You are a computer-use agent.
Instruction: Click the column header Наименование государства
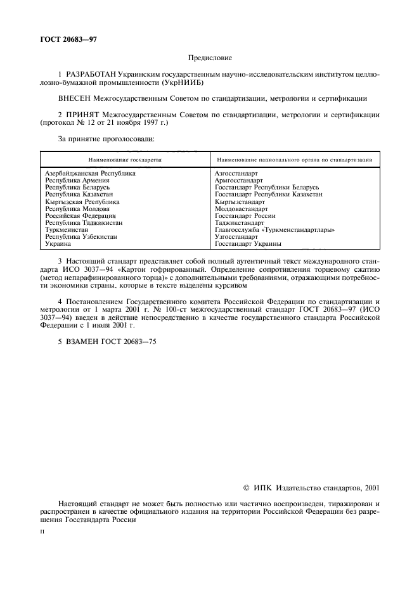125,160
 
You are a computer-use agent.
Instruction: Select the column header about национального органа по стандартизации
294,160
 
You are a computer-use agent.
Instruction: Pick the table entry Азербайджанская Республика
91,173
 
